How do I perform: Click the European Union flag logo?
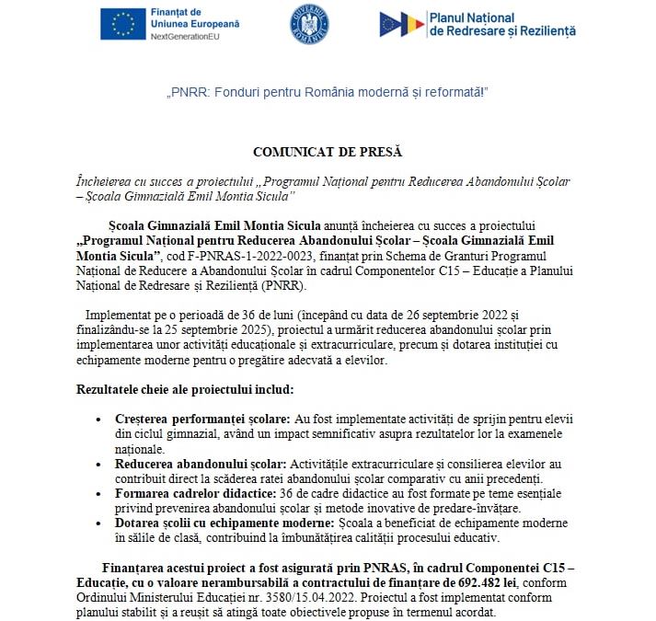(x=122, y=25)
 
